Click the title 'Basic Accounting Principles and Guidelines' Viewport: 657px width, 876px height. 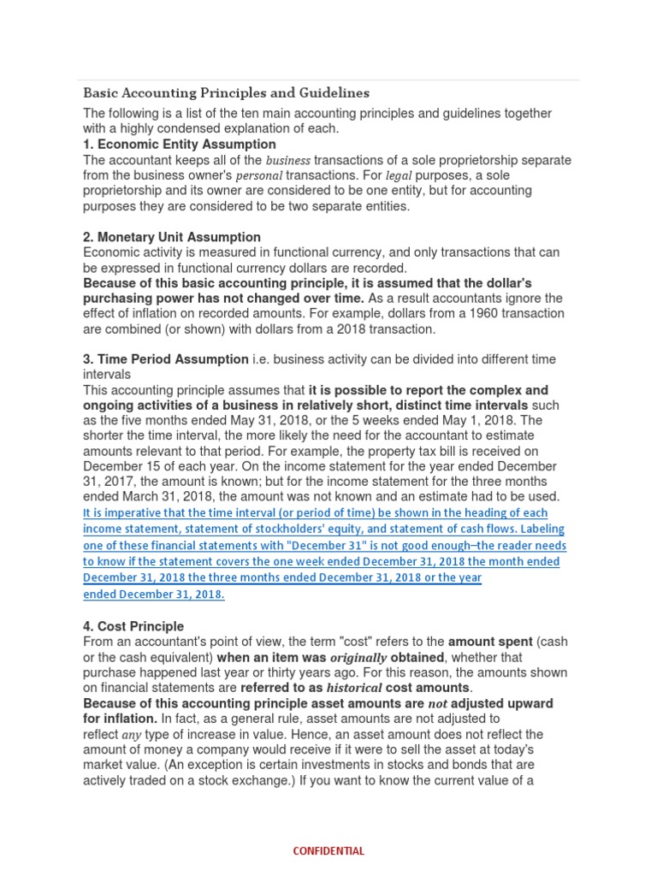[x=226, y=92]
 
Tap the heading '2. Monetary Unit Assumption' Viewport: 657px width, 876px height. [x=172, y=237]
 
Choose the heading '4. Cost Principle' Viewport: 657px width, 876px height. [x=133, y=626]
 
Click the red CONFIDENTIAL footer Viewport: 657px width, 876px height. [x=328, y=851]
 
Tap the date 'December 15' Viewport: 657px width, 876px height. [x=121, y=466]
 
